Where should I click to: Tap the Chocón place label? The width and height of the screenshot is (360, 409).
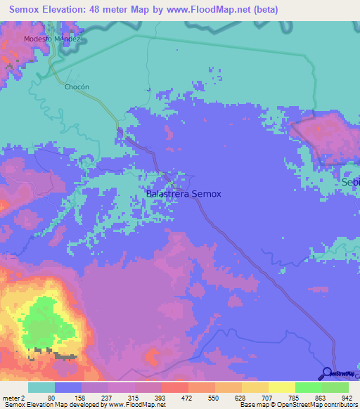pyautogui.click(x=77, y=87)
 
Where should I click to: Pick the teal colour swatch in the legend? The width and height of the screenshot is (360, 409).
pyautogui.click(x=41, y=387)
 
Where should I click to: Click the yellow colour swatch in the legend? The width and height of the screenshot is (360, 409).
pyautogui.click(x=282, y=387)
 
